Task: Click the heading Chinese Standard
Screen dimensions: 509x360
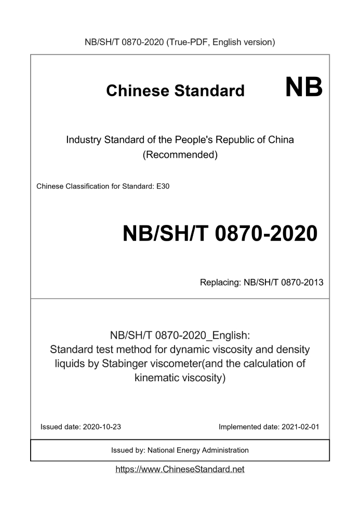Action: [175, 90]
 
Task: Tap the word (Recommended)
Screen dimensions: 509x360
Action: [180, 155]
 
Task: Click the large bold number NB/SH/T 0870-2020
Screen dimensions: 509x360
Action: [220, 234]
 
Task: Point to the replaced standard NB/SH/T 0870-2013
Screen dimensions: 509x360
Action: [284, 283]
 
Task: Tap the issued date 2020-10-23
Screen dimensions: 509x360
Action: [102, 427]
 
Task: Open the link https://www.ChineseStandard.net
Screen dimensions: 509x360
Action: [180, 470]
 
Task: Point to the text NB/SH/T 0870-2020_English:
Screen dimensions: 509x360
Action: [180, 334]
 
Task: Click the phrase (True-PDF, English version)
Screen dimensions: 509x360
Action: [220, 42]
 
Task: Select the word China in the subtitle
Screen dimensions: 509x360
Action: [281, 140]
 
